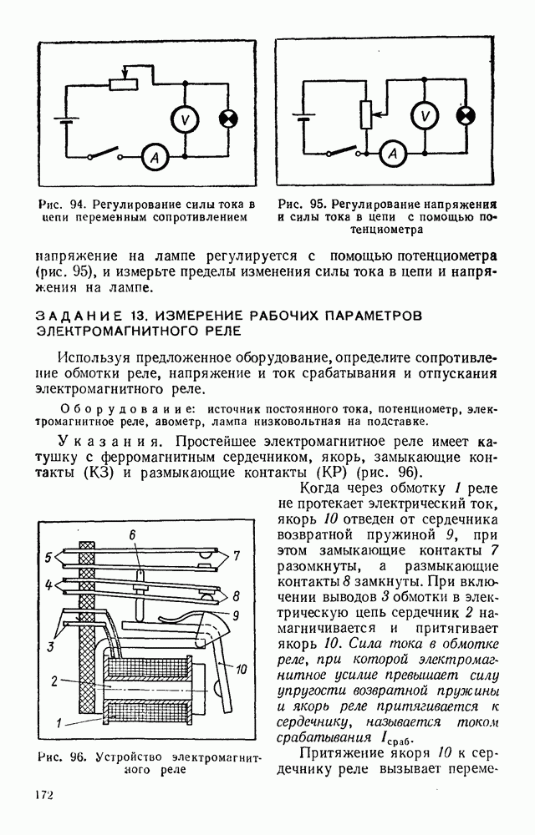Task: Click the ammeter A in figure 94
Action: click(x=151, y=155)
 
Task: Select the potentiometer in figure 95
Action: click(x=365, y=114)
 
